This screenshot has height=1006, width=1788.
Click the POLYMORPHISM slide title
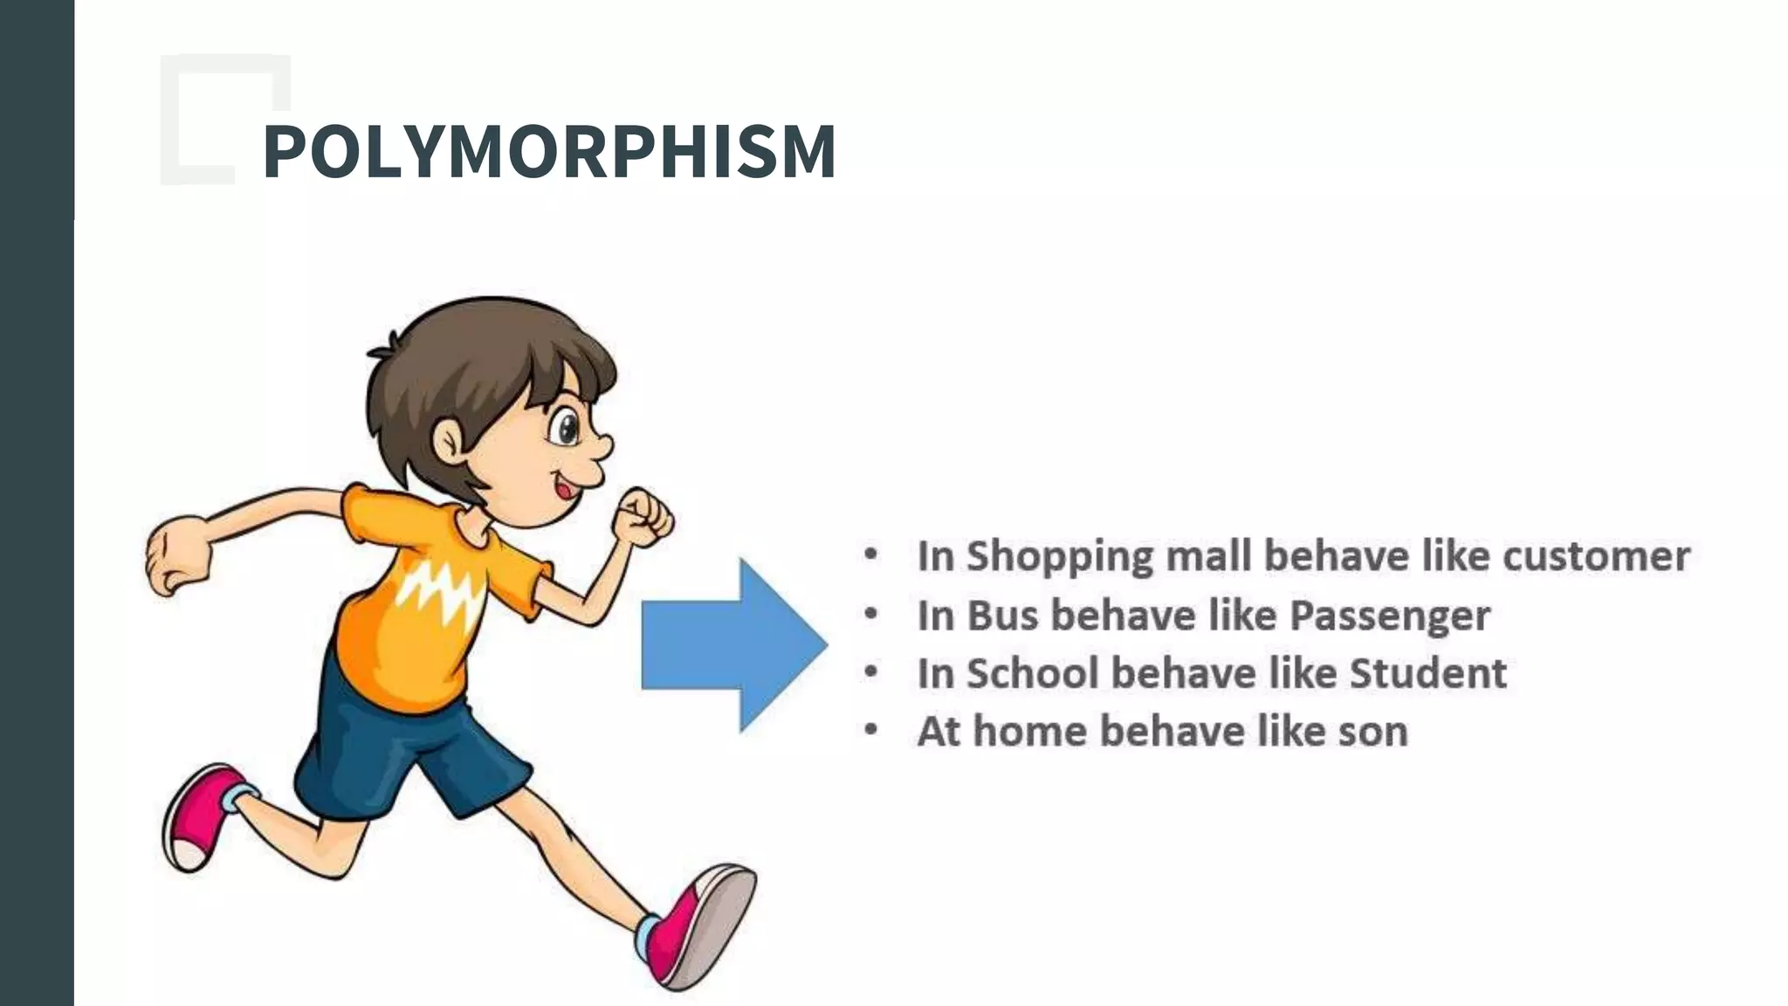[x=549, y=151]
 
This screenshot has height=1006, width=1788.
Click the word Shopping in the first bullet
[x=1060, y=557]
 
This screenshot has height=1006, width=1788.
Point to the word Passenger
[x=1389, y=617]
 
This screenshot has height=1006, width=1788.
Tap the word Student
[x=1427, y=673]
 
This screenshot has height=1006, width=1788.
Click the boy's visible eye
[x=567, y=427]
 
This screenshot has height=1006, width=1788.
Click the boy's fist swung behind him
[x=178, y=556]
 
